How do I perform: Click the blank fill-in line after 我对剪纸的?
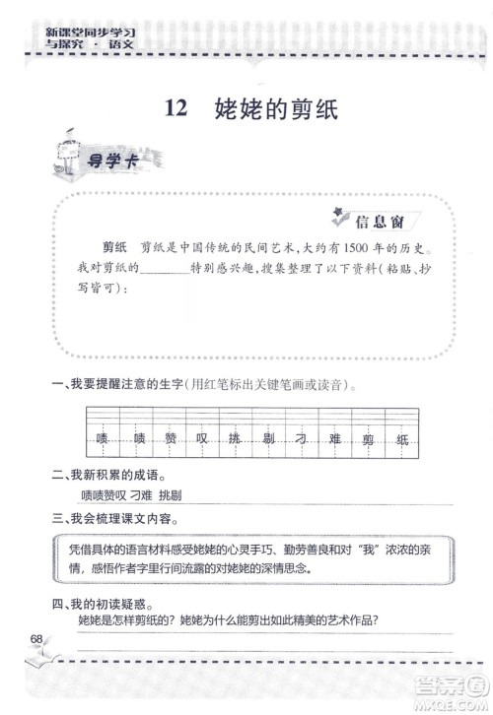click(x=165, y=268)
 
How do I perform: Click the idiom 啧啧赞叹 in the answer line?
click(x=103, y=495)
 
